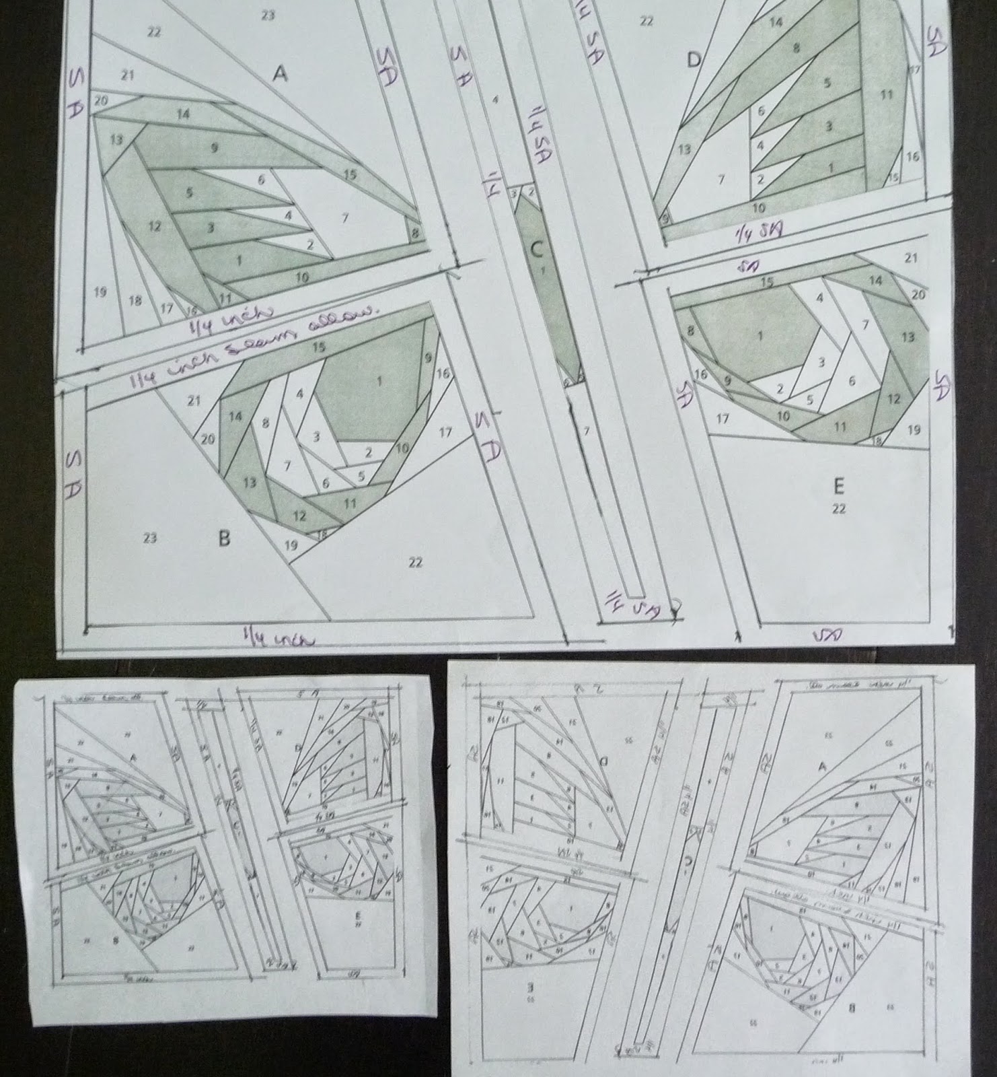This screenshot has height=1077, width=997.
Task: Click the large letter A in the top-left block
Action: click(x=280, y=74)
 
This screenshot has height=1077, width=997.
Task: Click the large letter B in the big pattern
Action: click(x=225, y=538)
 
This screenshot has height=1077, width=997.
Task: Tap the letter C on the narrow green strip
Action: click(x=536, y=250)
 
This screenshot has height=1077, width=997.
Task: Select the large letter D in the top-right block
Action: click(x=694, y=61)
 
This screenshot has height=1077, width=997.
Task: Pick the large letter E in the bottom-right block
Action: click(x=838, y=485)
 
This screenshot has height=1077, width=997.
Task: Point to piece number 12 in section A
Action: click(x=155, y=226)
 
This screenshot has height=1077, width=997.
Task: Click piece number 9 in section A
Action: click(x=215, y=147)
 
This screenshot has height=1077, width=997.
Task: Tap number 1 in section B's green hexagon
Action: click(x=380, y=382)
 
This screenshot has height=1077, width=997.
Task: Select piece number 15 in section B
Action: click(x=319, y=347)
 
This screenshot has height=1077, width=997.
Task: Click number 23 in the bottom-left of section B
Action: click(x=150, y=537)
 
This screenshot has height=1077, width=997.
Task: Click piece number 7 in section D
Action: click(x=721, y=179)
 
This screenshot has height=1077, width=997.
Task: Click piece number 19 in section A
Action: click(x=101, y=291)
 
